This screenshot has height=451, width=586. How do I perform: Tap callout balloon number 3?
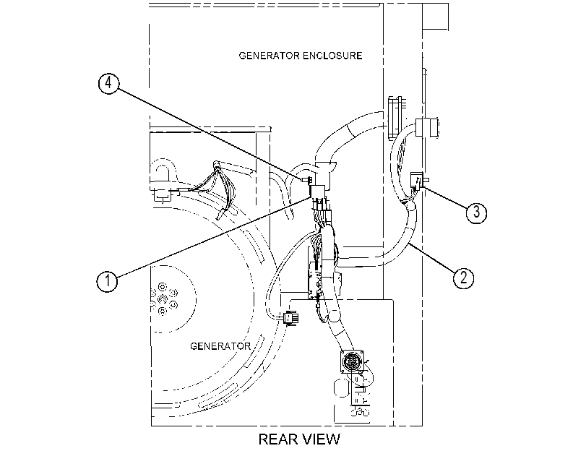476,212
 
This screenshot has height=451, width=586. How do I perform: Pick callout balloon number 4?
109,83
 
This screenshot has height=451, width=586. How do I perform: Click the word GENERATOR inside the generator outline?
220,346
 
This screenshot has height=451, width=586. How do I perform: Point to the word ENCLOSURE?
332,56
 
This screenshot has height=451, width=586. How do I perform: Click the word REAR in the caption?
276,439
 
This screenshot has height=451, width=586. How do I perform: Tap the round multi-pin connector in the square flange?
352,361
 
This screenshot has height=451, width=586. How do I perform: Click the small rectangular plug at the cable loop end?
291,318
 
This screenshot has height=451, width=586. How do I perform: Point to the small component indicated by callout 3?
417,181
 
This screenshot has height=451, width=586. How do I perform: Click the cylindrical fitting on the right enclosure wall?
426,127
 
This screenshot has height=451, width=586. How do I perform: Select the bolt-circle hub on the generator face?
164,298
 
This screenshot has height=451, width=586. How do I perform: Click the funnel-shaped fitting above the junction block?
326,169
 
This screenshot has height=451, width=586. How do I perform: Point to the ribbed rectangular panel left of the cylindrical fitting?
395,119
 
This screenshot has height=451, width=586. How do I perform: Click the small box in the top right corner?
436,17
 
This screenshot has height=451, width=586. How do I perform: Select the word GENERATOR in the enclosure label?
269,56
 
